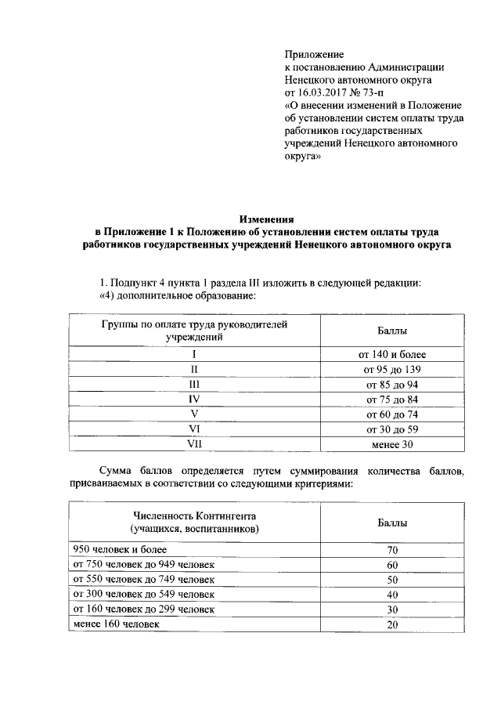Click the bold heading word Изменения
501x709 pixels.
coord(265,220)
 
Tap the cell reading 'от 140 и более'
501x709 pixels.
coord(392,354)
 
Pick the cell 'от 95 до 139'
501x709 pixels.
coord(392,369)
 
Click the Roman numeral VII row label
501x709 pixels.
coord(195,444)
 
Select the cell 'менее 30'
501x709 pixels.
coord(392,444)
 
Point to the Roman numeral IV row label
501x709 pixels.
coord(195,399)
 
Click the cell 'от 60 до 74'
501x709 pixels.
coord(392,414)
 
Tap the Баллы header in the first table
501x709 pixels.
coord(392,331)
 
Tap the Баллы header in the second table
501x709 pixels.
coord(392,523)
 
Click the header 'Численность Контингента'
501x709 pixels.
coord(195,516)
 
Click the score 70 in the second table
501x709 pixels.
coord(392,551)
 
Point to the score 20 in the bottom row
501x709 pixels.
coord(392,624)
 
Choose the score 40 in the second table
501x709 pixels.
coord(392,595)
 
